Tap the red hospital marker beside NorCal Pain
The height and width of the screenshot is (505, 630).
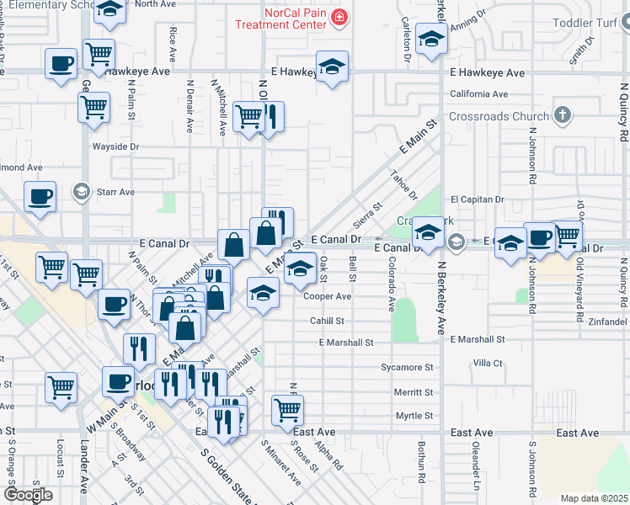339,17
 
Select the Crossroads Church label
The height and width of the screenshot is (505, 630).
500,116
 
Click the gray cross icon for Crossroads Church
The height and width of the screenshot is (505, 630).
563,115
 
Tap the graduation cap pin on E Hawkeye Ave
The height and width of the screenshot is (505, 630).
333,67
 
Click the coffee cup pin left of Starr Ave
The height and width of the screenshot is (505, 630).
40,198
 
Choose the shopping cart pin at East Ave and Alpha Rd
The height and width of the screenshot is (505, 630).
287,410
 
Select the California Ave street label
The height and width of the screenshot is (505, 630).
478,94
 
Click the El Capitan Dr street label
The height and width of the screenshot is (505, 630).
477,199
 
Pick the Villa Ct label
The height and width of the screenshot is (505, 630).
488,363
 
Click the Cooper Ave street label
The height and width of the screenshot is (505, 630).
327,296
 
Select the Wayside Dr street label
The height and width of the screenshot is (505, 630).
115,146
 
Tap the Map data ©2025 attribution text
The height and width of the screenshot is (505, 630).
594,498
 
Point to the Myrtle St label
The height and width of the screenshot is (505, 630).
414,416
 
